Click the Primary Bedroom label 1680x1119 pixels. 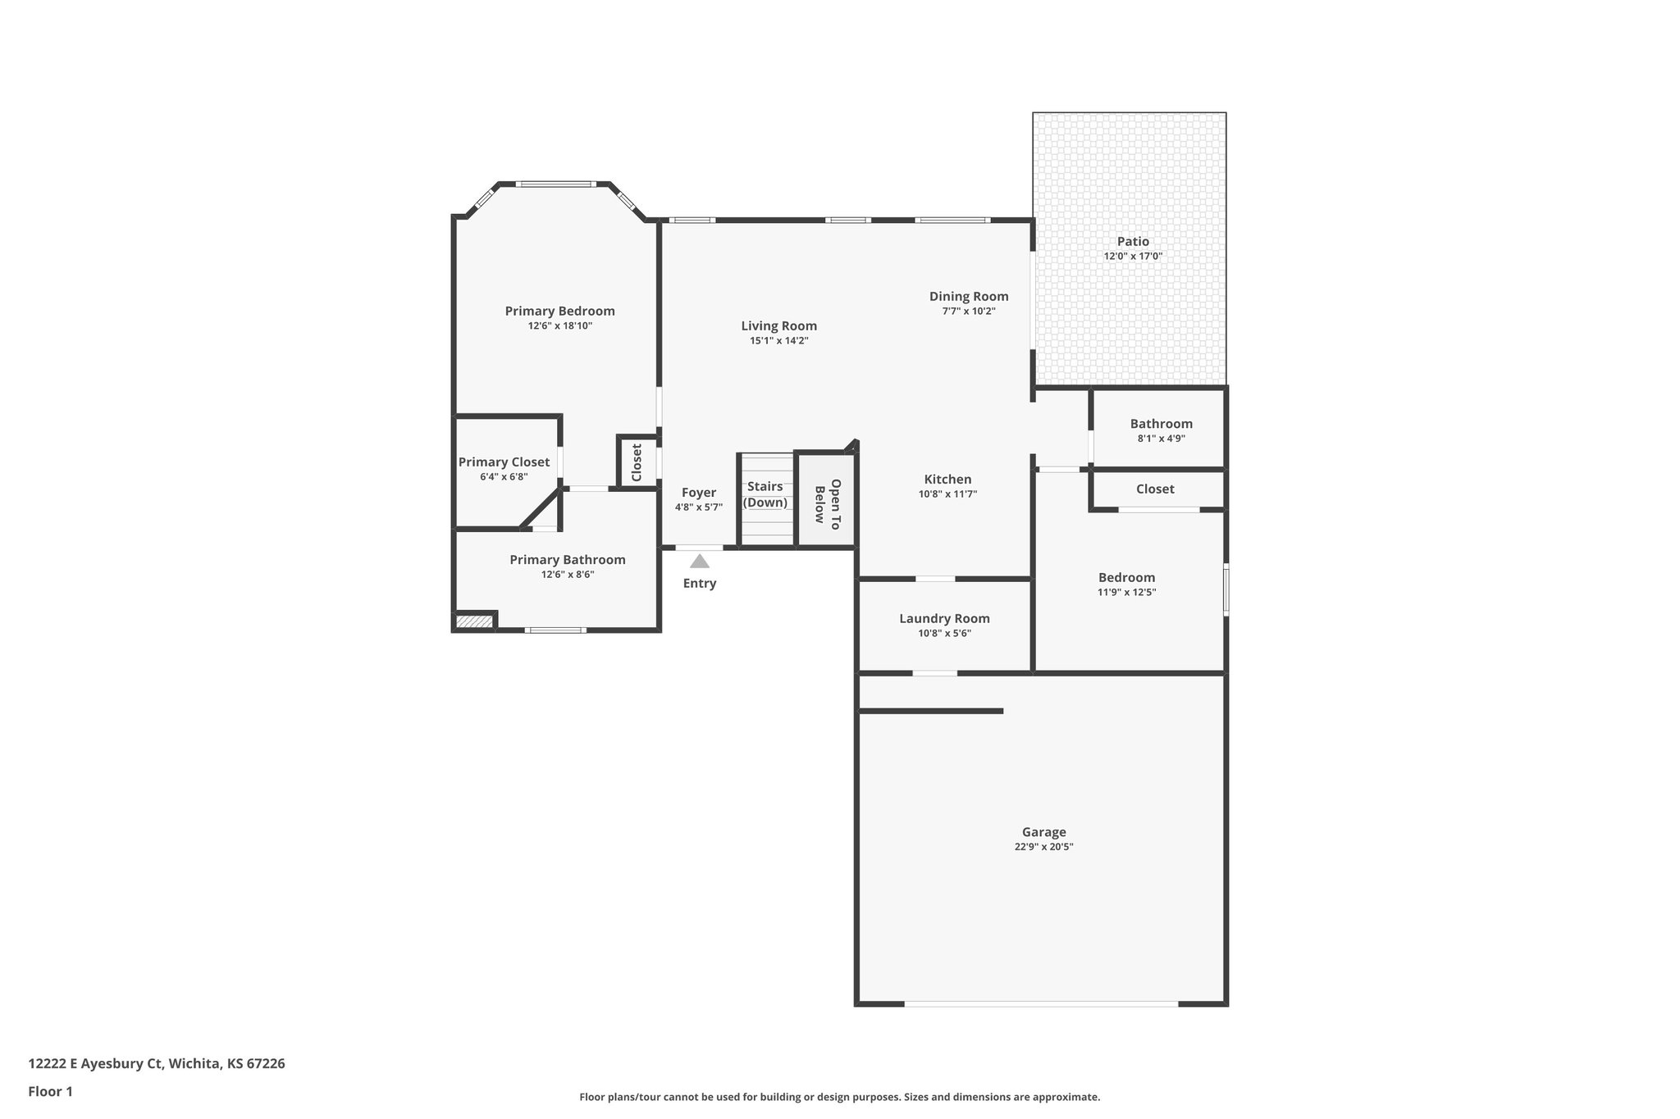[559, 311]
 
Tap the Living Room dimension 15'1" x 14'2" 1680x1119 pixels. [778, 340]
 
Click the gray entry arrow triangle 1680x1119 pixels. [699, 562]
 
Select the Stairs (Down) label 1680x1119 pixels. [765, 494]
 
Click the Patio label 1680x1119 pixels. [1132, 241]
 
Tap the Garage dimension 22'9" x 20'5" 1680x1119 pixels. [1043, 847]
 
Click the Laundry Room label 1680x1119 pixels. [944, 618]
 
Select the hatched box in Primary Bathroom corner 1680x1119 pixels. [474, 622]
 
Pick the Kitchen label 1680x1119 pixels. [947, 479]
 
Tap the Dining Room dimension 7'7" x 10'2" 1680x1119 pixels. [968, 312]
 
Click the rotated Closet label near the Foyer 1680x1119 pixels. [637, 462]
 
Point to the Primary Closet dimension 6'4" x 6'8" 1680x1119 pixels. [504, 476]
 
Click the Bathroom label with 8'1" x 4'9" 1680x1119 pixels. [1161, 423]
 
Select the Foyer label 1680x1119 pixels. [698, 492]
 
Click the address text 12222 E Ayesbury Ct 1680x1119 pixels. [157, 1063]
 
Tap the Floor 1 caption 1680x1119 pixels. [50, 1091]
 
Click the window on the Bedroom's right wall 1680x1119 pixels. [1226, 588]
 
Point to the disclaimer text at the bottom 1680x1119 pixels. [839, 1097]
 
